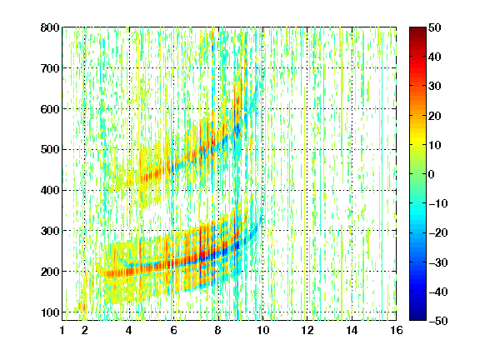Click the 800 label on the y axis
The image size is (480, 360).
click(50, 27)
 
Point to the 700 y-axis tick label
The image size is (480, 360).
click(50, 68)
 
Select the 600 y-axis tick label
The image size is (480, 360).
click(50, 109)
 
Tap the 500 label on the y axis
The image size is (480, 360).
click(50, 150)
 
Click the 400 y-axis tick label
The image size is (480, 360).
click(50, 190)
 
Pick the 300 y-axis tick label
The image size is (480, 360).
click(50, 231)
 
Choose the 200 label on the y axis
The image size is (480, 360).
click(50, 272)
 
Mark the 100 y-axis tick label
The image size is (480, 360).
click(50, 312)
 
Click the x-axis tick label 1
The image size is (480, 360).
click(62, 330)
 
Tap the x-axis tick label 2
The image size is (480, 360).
click(85, 330)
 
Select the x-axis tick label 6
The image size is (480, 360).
click(174, 330)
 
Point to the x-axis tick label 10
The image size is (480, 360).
click(262, 330)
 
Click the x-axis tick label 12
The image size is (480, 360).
click(307, 330)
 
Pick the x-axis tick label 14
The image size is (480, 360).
click(352, 330)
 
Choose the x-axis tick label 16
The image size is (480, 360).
click(397, 330)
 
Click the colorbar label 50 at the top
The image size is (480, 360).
click(435, 27)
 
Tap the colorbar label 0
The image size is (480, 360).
click(432, 174)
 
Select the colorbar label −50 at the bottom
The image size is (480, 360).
click(438, 321)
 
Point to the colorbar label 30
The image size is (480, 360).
click(435, 87)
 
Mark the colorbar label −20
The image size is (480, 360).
click(438, 233)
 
